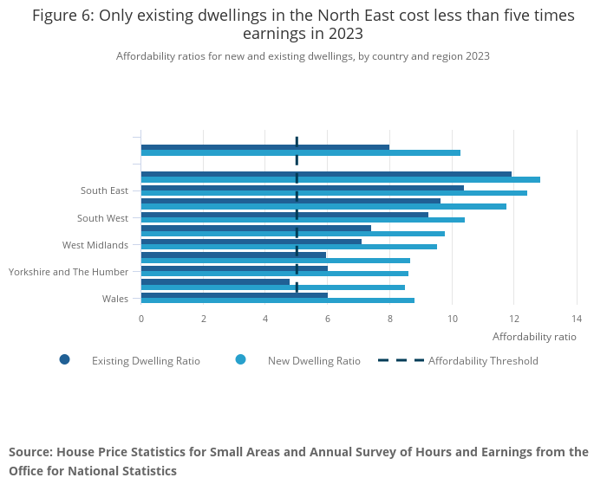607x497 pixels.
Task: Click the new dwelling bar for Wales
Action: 277,300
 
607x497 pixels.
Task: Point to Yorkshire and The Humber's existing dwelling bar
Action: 234,268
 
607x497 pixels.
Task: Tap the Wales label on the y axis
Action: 115,299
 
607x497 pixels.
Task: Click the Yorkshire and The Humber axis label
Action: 69,272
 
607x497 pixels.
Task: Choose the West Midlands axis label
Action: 95,245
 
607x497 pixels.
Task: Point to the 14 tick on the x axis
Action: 576,318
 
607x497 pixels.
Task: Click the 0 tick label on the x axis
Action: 141,318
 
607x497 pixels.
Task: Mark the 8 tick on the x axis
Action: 390,318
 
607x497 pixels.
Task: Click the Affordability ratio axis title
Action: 533,336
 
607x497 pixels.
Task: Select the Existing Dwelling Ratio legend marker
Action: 64,360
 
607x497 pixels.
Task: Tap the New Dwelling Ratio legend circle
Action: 240,360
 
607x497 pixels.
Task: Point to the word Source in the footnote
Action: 29,452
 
